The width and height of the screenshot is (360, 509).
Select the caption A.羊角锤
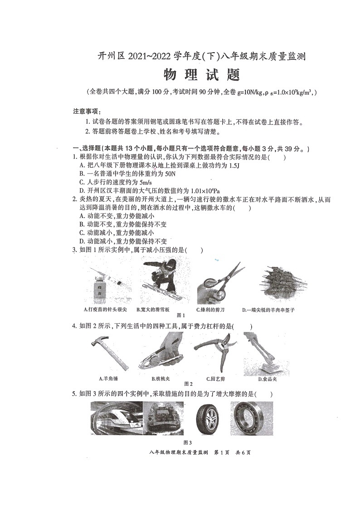point(108,378)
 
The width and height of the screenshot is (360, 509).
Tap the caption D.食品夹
point(268,378)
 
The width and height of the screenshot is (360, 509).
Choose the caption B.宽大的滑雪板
point(153,310)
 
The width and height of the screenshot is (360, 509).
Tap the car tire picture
point(207,418)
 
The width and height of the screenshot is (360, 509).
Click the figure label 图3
point(188,442)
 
